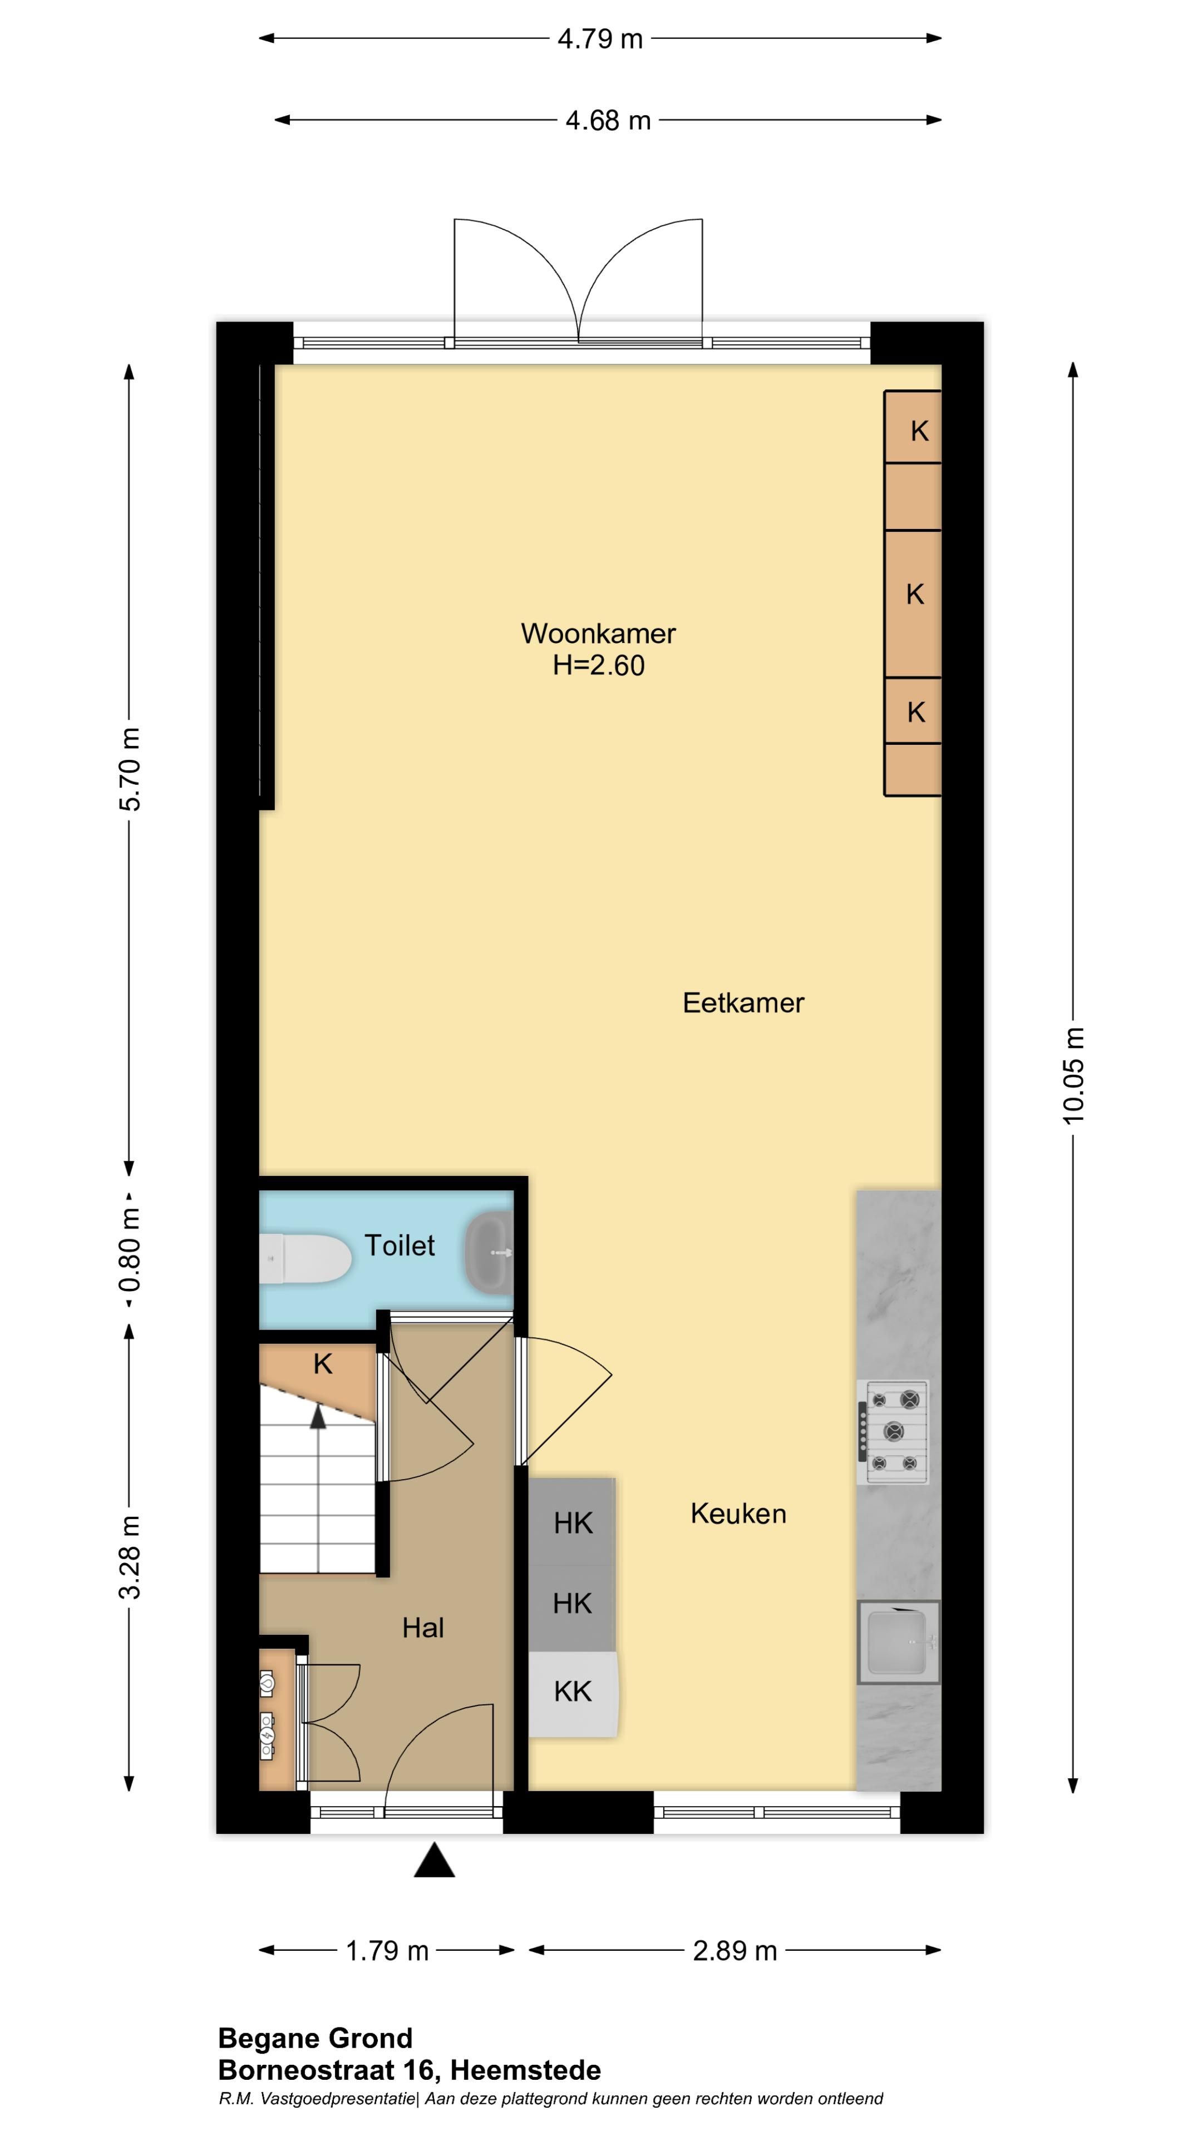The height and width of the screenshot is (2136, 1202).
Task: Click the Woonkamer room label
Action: click(x=598, y=634)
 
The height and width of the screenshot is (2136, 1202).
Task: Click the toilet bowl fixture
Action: click(x=306, y=1259)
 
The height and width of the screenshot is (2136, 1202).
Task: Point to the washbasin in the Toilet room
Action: click(x=490, y=1251)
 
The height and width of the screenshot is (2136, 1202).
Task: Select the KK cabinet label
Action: click(x=573, y=1691)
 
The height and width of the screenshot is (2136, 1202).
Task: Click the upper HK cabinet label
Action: click(x=573, y=1523)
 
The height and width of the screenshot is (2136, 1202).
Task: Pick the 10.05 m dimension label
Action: click(x=1073, y=1075)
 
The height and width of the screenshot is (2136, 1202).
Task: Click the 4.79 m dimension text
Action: click(x=600, y=39)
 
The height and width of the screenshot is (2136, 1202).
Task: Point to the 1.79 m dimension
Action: click(x=387, y=1950)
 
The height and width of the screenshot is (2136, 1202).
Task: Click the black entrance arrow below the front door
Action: click(x=435, y=1860)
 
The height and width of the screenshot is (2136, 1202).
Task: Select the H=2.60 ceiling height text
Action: click(x=598, y=665)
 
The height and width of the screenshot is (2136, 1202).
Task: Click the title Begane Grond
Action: click(x=315, y=2038)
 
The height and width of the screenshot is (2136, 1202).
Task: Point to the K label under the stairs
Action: click(x=323, y=1363)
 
